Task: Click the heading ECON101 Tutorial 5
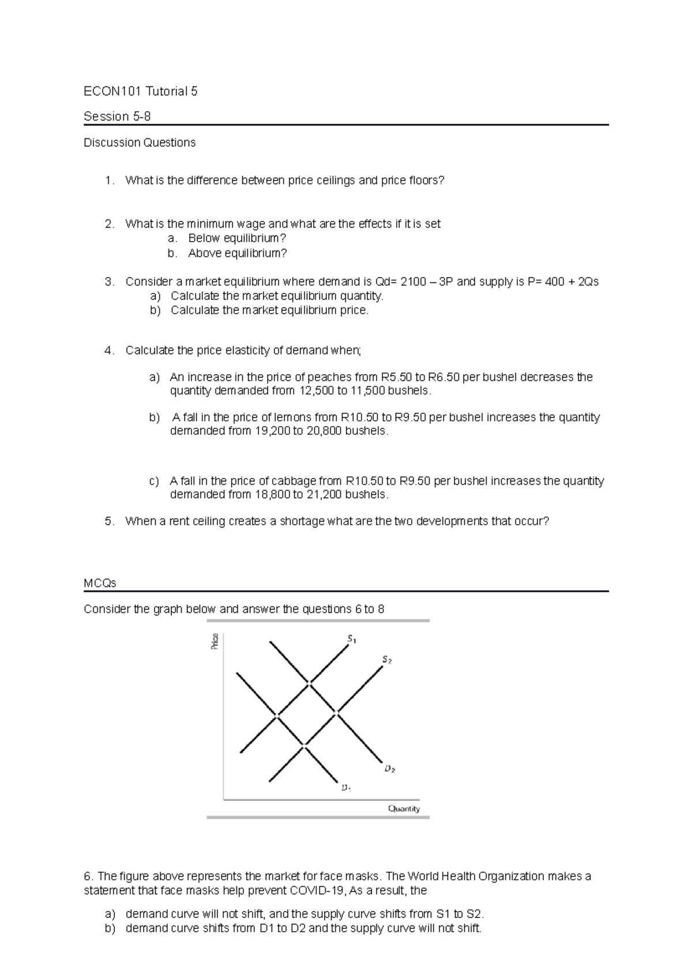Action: click(140, 91)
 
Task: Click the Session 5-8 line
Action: click(117, 116)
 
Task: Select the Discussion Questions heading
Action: click(140, 142)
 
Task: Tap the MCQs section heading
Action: click(100, 583)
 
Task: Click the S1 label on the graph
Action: click(352, 638)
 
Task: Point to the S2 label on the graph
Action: click(386, 660)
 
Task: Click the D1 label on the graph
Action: click(345, 788)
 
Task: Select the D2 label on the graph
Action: click(389, 769)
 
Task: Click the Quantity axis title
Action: click(404, 808)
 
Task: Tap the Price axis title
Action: click(215, 641)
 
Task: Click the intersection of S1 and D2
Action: click(309, 683)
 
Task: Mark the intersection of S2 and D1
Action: click(304, 747)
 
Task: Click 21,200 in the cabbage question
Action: click(324, 494)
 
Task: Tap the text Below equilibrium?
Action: click(237, 239)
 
